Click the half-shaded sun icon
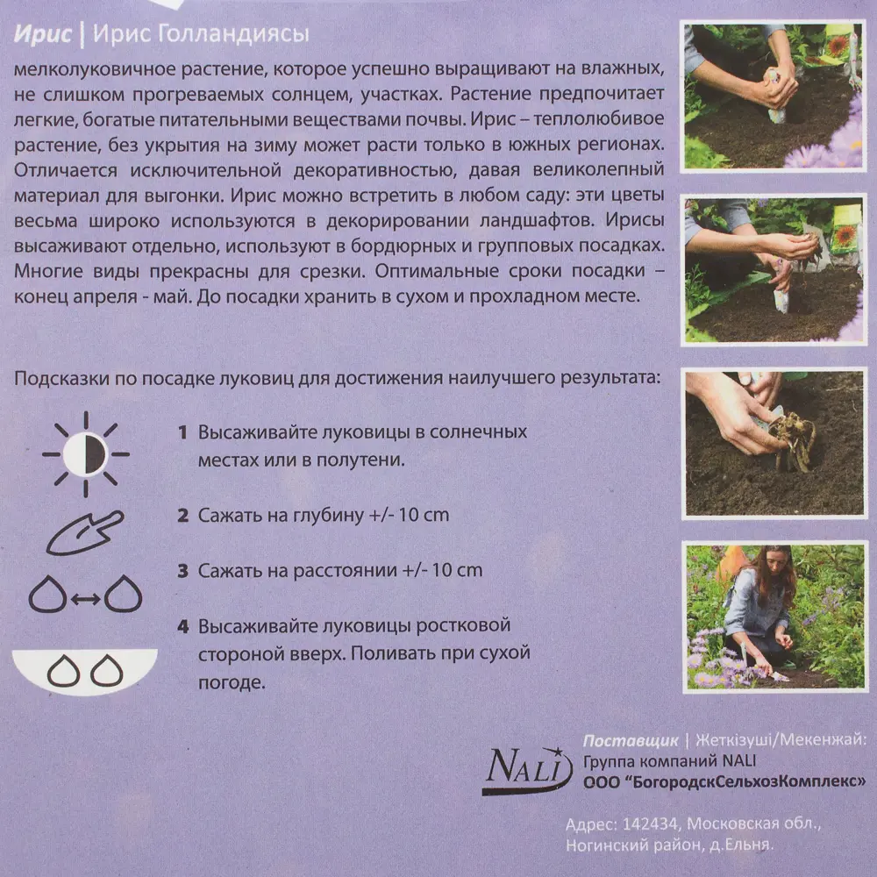click(x=85, y=453)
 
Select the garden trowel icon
click(x=85, y=532)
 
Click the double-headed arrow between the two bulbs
click(x=85, y=598)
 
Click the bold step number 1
click(x=182, y=432)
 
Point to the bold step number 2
click(x=182, y=515)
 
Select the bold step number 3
click(x=182, y=571)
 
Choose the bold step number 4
click(x=182, y=627)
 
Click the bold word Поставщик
click(x=630, y=739)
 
